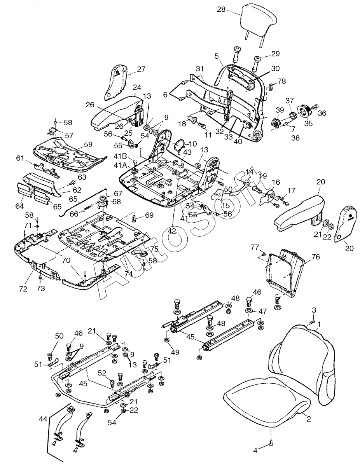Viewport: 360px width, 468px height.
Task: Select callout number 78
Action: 281,82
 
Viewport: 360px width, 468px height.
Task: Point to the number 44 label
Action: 44,419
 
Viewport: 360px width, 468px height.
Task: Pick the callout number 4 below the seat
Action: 255,451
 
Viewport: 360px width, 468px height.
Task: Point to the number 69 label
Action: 149,215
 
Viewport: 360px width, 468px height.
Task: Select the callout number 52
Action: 102,373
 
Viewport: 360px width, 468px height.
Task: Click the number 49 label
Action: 175,353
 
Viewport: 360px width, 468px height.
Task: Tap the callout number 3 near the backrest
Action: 314,310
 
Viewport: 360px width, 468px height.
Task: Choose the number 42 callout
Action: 172,231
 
